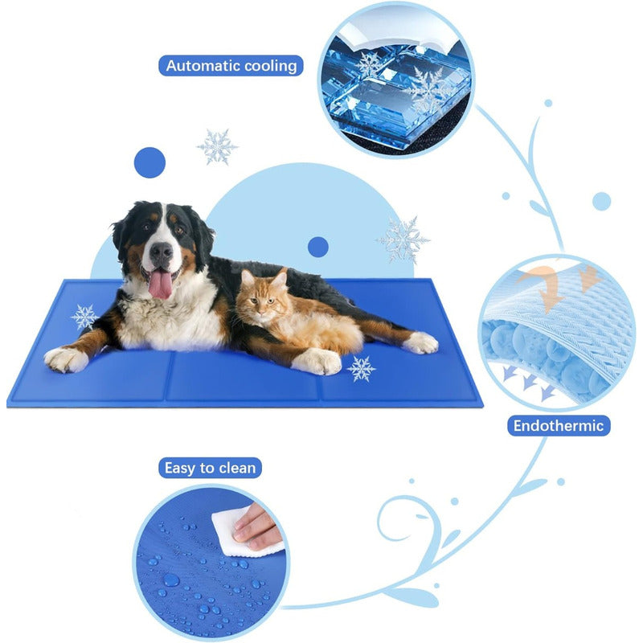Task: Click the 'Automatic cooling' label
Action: coord(231,65)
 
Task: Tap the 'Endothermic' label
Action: coord(559,425)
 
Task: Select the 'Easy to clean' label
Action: coord(210,467)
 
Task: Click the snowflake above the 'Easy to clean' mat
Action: coord(217,146)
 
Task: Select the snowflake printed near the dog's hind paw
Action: coord(361,368)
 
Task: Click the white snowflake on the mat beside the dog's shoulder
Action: coord(84,317)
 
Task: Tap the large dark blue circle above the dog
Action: coord(149,162)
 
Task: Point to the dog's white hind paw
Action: coord(420,343)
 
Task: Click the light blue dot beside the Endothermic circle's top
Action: coord(601,201)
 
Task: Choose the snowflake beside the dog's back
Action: coord(403,238)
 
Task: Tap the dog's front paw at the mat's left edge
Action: coord(66,358)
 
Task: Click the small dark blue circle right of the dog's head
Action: coord(318,246)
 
